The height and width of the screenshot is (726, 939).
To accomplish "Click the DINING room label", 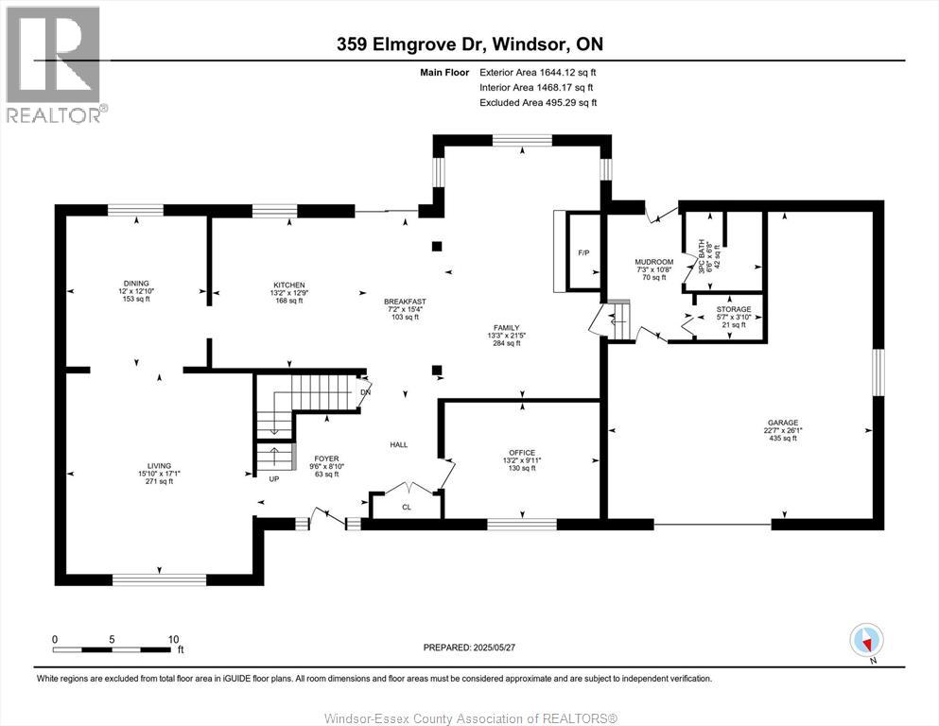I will click(136, 284).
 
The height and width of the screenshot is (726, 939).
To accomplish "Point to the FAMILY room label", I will click(506, 328).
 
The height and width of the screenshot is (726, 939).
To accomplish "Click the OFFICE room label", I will click(521, 453).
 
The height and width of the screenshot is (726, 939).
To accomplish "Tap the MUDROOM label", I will click(653, 262).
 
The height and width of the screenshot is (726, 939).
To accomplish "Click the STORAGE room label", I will click(733, 309).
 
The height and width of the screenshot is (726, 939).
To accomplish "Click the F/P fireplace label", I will click(583, 253).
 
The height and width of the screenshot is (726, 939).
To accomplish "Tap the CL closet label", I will click(407, 507).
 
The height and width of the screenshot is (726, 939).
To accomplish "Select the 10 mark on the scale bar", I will click(174, 639).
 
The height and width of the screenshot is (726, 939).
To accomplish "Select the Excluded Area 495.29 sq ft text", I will click(538, 102).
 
